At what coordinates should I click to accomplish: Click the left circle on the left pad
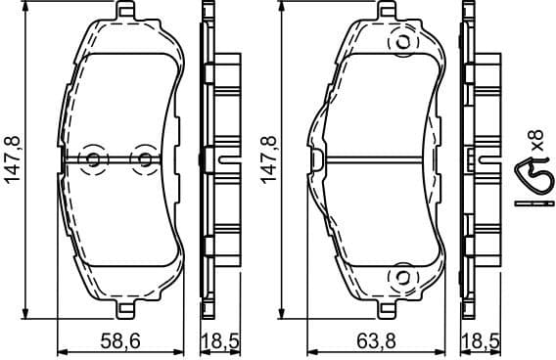93,159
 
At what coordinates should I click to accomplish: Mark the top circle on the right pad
401,42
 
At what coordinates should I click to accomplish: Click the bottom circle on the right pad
401,277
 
